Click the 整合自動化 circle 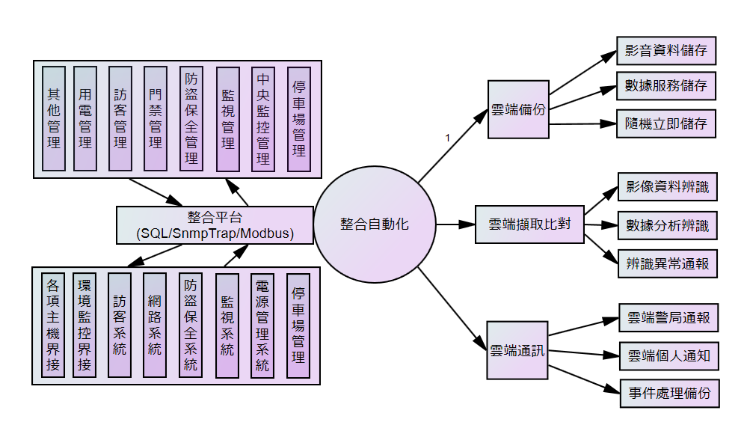375,224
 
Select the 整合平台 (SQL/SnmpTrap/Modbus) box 215,225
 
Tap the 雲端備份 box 518,109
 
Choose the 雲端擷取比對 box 529,224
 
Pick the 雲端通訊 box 517,349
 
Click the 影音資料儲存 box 665,52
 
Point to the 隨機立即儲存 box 665,123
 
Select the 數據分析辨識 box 667,224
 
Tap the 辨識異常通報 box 667,263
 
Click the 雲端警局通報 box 668,317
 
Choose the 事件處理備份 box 668,393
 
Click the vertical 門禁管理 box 155,118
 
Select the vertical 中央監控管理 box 263,118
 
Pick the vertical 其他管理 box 54,118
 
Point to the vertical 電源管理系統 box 263,325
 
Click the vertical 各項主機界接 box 53,325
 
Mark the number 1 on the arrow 447,138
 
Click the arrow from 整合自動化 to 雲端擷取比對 455,224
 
